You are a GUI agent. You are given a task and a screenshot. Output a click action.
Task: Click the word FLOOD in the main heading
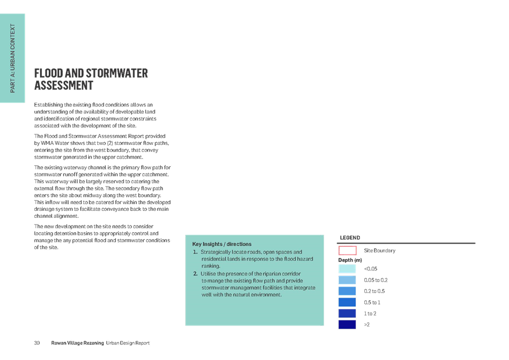(x=49, y=73)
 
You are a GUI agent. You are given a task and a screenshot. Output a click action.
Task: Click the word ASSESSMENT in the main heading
(x=64, y=86)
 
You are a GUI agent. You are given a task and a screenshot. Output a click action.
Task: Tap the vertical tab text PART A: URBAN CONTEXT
(x=13, y=58)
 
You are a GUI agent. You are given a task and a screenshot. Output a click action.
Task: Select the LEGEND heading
(x=350, y=238)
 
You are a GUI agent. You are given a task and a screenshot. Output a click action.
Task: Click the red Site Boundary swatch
(x=347, y=250)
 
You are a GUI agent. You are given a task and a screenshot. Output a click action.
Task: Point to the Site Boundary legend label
(x=380, y=250)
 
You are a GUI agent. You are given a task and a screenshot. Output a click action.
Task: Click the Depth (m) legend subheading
(x=350, y=260)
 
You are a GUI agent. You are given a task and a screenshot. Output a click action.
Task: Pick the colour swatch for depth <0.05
(x=347, y=269)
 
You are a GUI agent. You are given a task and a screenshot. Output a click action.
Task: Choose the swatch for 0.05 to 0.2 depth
(x=347, y=280)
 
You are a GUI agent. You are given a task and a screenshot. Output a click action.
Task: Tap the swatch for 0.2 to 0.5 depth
(x=347, y=291)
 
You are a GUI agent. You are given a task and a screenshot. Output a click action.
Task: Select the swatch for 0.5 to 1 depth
(x=347, y=302)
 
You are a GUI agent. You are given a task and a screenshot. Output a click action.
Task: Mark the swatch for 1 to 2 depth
(x=347, y=313)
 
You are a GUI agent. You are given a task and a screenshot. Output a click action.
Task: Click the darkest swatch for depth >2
(x=347, y=324)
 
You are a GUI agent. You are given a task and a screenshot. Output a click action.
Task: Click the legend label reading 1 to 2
(x=370, y=313)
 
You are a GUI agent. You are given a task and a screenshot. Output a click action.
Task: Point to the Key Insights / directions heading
(x=222, y=244)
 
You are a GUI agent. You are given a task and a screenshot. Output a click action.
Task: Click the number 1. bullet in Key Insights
(x=195, y=252)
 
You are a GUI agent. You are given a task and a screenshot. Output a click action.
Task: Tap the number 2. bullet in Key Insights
(x=195, y=274)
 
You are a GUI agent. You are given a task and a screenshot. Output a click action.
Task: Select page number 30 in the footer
(x=37, y=343)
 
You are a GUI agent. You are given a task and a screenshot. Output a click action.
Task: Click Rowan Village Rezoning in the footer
(x=77, y=343)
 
